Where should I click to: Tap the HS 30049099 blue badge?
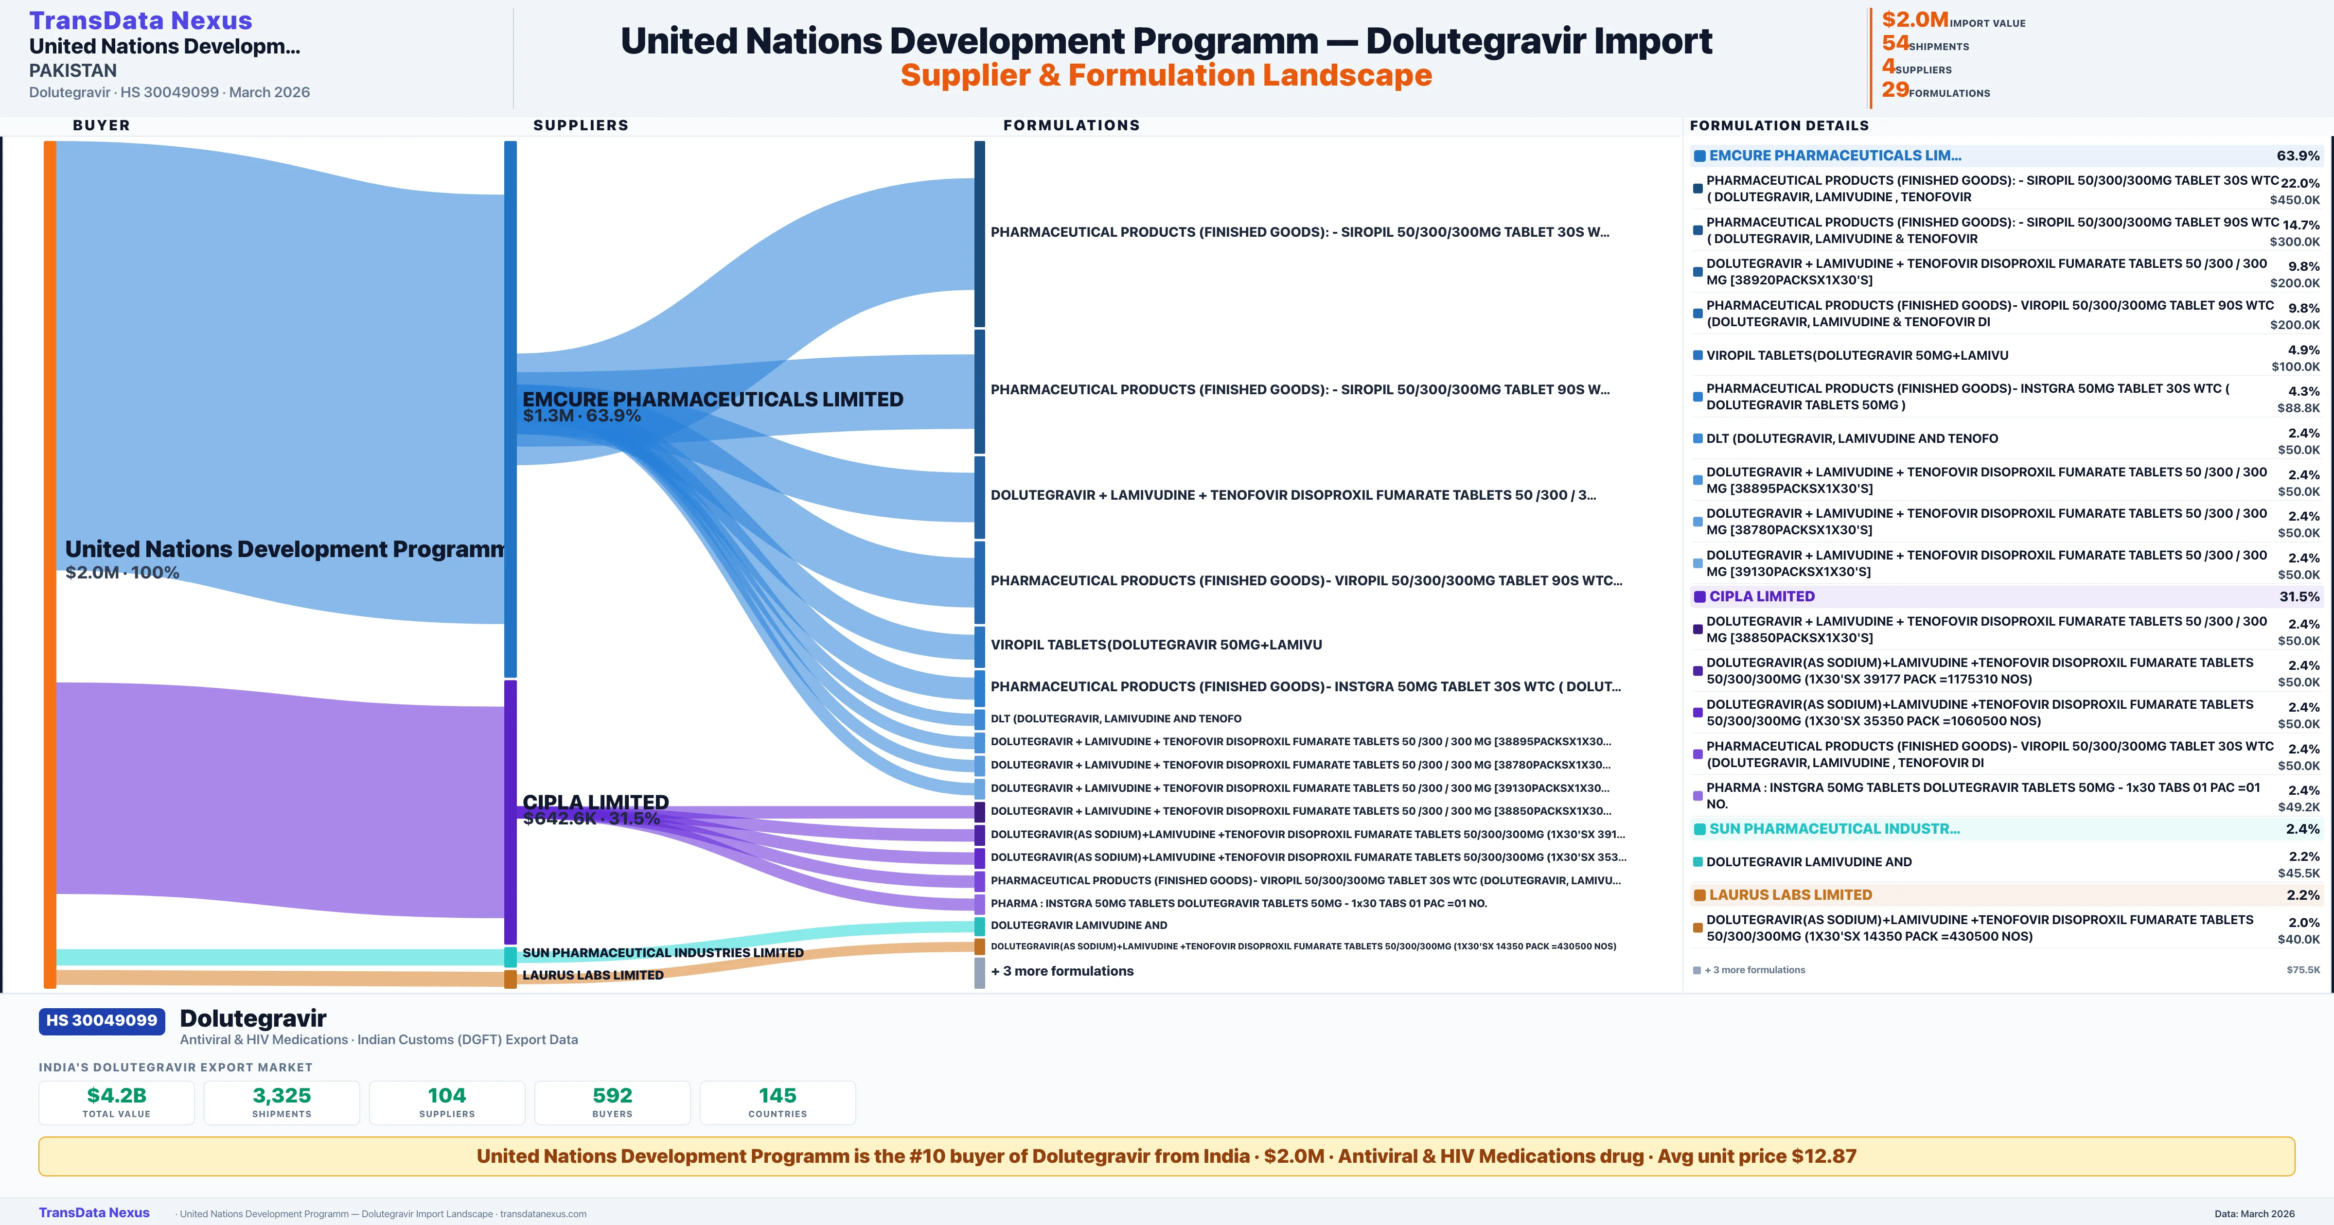(102, 1020)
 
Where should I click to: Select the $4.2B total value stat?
(117, 1095)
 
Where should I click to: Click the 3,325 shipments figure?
(282, 1095)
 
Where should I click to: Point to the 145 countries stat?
(778, 1095)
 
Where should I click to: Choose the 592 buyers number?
(613, 1095)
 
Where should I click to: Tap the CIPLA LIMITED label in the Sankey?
(595, 802)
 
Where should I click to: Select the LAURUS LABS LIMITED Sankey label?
(593, 975)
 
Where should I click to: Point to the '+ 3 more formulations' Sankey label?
(1062, 970)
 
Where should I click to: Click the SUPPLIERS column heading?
(581, 125)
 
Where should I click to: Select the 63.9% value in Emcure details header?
(2298, 156)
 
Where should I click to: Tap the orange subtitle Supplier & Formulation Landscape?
(1166, 75)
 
